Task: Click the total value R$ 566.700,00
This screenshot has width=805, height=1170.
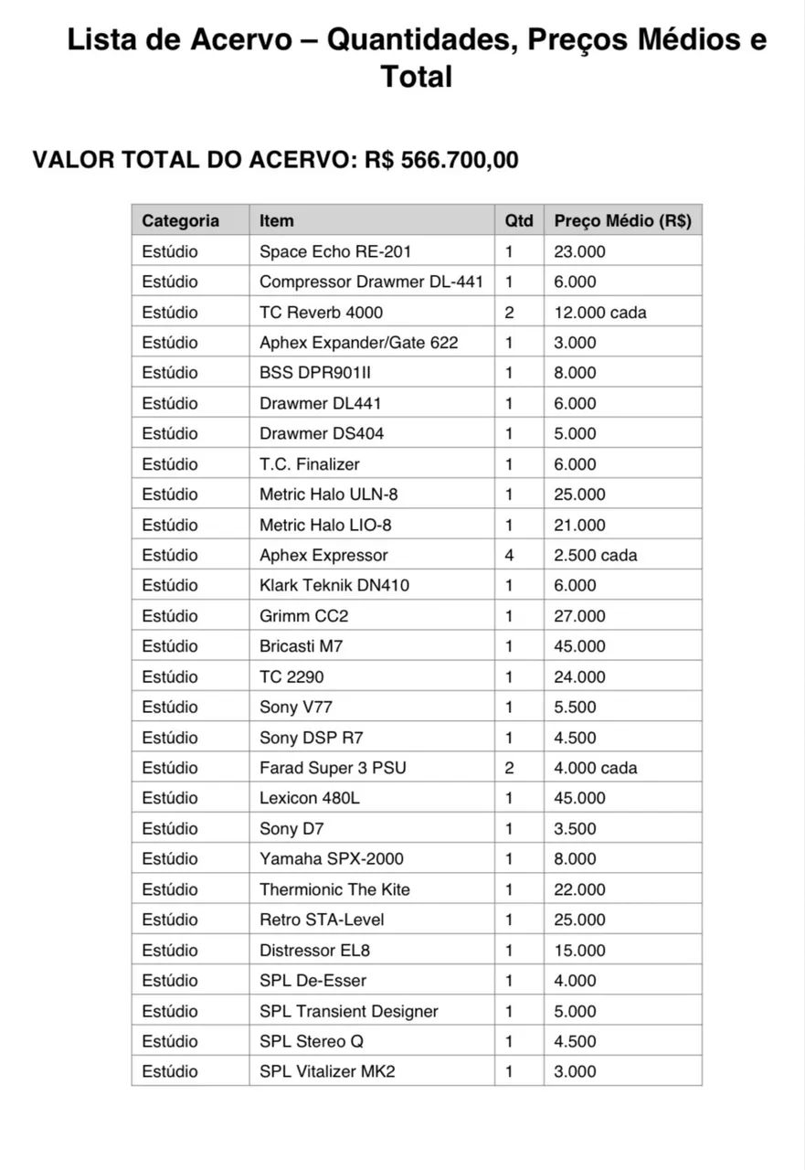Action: (x=441, y=160)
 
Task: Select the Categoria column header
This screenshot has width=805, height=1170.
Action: (x=180, y=220)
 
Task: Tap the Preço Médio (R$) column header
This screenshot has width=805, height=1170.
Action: (x=622, y=220)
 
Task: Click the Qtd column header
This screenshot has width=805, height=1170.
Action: (x=518, y=220)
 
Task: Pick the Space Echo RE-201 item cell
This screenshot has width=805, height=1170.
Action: (x=335, y=251)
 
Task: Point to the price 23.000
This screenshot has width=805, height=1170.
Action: (x=579, y=251)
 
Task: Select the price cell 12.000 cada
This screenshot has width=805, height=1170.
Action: (x=599, y=312)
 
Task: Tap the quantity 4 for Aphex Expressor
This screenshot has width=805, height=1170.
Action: (x=509, y=555)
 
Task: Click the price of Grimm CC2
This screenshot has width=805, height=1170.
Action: (x=579, y=616)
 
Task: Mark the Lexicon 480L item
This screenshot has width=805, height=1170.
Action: (x=309, y=798)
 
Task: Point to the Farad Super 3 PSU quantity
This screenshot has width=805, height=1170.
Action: (x=509, y=768)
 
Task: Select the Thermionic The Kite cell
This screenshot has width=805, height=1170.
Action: (x=334, y=889)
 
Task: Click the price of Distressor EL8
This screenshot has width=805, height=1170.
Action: (x=579, y=951)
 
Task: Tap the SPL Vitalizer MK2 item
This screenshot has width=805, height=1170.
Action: (x=327, y=1071)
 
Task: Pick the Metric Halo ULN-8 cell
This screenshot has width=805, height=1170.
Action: (x=328, y=495)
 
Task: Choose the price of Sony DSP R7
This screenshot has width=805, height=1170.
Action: (x=575, y=738)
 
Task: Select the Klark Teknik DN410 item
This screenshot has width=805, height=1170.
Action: (x=334, y=585)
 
